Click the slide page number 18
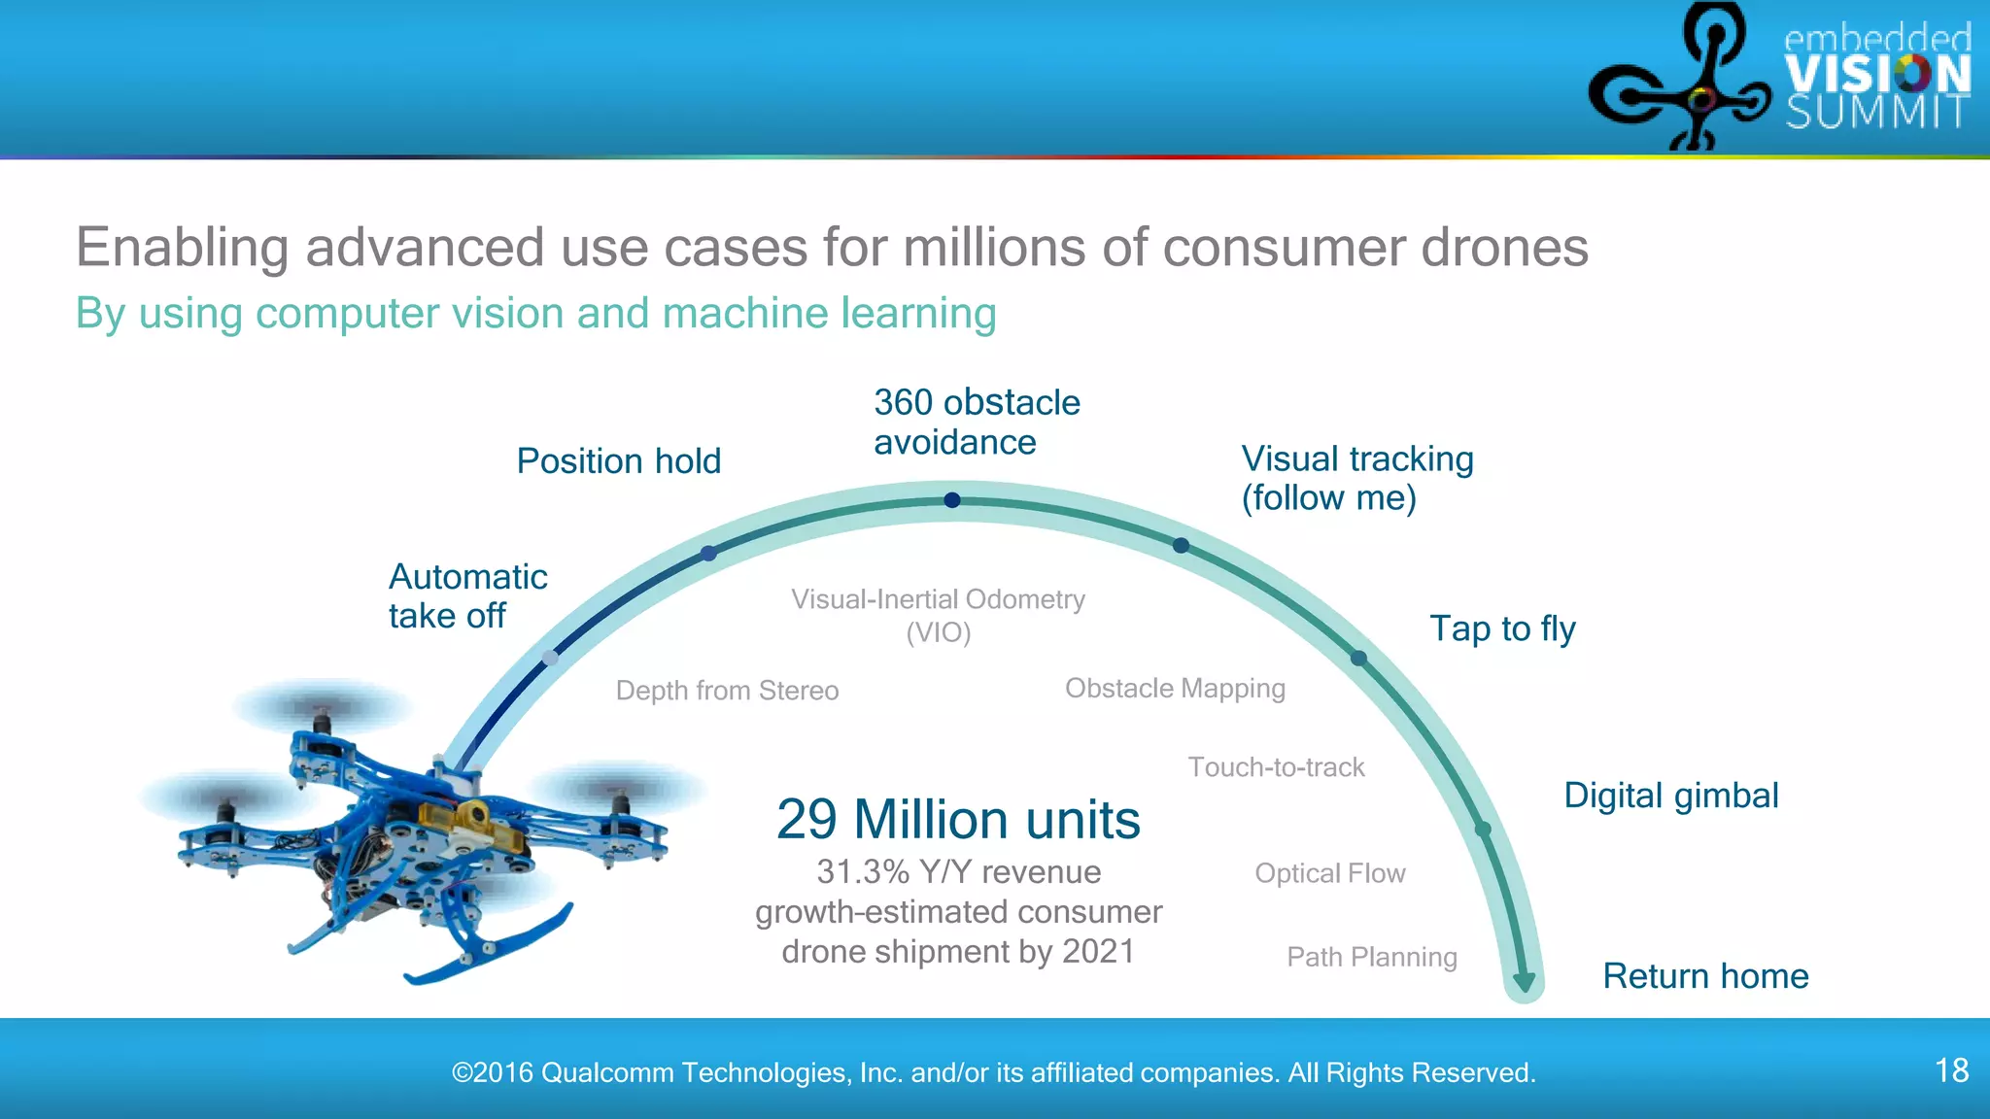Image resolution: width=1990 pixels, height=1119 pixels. (x=1951, y=1070)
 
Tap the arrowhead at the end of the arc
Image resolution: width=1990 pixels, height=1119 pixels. (x=1524, y=981)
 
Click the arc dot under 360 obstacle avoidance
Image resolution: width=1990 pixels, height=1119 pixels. (x=952, y=500)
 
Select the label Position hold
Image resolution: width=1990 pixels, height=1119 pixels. (x=618, y=461)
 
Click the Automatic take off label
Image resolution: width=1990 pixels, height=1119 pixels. (x=467, y=596)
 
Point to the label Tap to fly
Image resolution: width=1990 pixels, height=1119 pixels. (x=1502, y=629)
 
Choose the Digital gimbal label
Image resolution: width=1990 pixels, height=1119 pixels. (x=1670, y=796)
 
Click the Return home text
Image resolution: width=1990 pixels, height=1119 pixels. (x=1705, y=976)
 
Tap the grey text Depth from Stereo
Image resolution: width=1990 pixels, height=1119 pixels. (x=727, y=691)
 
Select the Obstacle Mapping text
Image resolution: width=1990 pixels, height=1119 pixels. (x=1175, y=689)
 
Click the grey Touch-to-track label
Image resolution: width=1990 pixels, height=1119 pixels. (x=1276, y=767)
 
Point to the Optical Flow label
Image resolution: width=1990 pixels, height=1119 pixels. (x=1329, y=873)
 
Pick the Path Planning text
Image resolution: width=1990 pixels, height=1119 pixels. (x=1371, y=958)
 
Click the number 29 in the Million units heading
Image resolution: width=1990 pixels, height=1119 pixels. (x=806, y=820)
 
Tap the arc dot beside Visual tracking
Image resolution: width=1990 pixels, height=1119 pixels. (x=1181, y=546)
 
